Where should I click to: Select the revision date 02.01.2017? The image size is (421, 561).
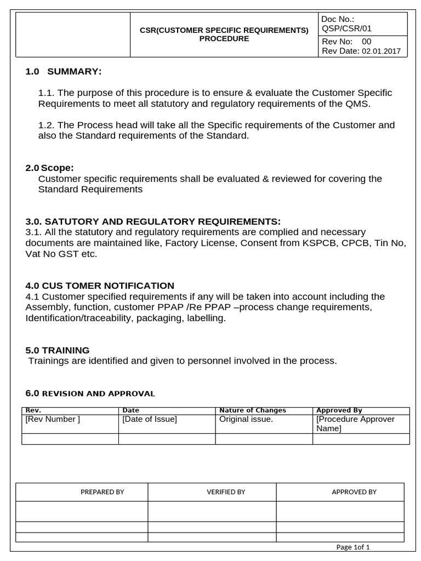pos(380,51)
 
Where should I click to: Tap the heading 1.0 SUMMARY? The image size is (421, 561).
pos(64,72)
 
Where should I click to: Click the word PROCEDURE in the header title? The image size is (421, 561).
pos(224,39)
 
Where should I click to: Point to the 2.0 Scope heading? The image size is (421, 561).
pos(50,168)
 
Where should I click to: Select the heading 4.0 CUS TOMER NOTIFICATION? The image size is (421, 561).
pos(100,285)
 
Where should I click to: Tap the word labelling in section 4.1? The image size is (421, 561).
pos(206,318)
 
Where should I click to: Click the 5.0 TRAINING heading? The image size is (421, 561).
pos(58,350)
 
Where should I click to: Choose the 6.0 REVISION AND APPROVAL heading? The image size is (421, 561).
pos(90,393)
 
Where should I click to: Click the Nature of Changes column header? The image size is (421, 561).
pos(253,410)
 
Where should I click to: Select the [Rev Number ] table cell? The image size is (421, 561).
pos(53,419)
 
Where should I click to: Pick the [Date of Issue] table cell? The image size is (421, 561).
pos(150,419)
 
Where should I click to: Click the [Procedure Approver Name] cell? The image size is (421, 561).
pos(355,423)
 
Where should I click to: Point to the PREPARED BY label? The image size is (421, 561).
pos(102,492)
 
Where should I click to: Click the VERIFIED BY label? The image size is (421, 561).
pos(225,492)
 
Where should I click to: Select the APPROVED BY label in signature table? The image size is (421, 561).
pos(354,492)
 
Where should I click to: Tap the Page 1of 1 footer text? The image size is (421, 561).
pos(353,547)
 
